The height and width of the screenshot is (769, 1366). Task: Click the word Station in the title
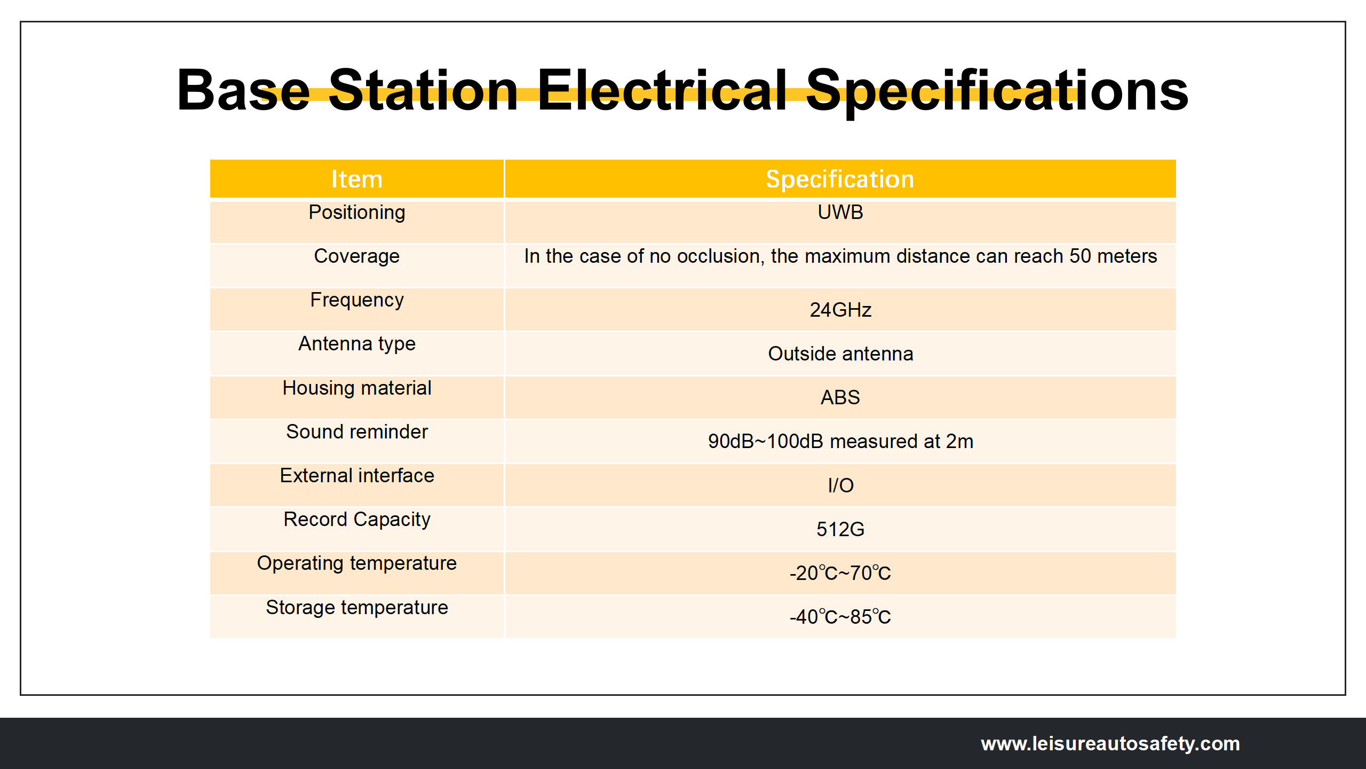[423, 90]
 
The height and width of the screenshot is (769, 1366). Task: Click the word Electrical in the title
[662, 90]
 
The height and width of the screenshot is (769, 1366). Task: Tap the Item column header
[357, 179]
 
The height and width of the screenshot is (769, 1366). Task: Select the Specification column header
[840, 179]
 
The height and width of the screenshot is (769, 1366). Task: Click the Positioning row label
[357, 213]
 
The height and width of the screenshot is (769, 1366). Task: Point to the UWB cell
[840, 212]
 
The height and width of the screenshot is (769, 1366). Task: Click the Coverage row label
[357, 256]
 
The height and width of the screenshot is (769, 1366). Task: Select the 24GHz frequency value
[840, 310]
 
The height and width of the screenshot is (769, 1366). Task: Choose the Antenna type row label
[357, 344]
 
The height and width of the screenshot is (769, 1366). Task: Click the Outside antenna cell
[840, 354]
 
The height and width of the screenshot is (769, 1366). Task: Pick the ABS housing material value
[840, 397]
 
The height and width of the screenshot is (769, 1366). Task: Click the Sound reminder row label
[357, 431]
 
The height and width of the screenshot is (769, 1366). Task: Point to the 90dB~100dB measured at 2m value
[840, 441]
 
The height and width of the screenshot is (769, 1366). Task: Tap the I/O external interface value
[840, 485]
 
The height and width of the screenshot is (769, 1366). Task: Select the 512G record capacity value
[840, 529]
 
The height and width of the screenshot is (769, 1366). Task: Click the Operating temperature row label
[357, 563]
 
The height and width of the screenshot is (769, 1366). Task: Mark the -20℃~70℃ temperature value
[840, 573]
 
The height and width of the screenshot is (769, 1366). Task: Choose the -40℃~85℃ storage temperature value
[840, 617]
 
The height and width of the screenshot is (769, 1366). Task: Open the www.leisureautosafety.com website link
[1110, 743]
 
